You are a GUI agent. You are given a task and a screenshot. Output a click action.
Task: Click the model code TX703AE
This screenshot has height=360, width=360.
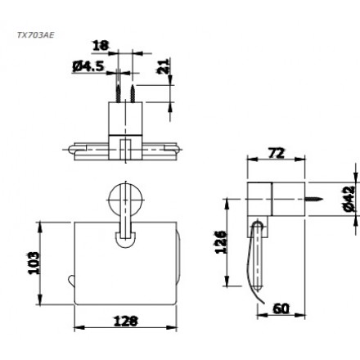click(35, 35)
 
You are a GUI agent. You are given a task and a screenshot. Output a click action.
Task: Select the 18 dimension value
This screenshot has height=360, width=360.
click(101, 46)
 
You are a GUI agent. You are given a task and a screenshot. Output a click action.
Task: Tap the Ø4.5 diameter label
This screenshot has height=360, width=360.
click(88, 66)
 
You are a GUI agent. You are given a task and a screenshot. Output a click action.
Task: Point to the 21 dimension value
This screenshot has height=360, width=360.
click(164, 66)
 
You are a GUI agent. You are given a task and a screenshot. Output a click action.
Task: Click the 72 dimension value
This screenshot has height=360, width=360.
click(276, 153)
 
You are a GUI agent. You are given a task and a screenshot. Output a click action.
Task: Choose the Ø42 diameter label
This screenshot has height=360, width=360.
click(349, 199)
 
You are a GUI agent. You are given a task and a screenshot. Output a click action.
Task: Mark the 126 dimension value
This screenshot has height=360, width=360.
click(221, 242)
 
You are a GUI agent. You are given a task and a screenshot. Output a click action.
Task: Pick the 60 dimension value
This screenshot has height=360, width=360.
click(281, 309)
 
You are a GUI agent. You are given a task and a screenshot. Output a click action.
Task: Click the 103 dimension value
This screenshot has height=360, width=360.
click(34, 263)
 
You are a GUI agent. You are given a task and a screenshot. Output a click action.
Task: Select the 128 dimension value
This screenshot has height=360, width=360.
click(126, 321)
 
